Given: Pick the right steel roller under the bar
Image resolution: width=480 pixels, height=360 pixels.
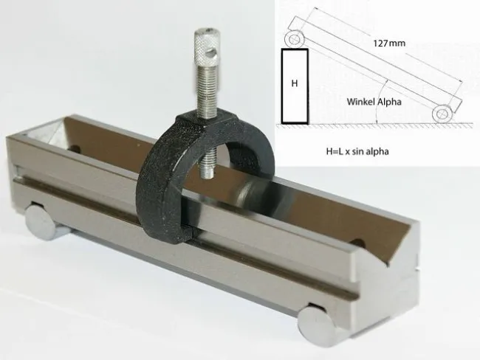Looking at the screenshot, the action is [318, 327].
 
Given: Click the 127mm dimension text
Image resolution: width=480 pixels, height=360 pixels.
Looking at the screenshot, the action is [389, 43].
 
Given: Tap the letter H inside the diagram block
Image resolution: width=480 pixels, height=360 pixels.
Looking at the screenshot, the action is [295, 83].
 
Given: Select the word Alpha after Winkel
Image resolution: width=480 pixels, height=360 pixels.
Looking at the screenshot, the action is [389, 102].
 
